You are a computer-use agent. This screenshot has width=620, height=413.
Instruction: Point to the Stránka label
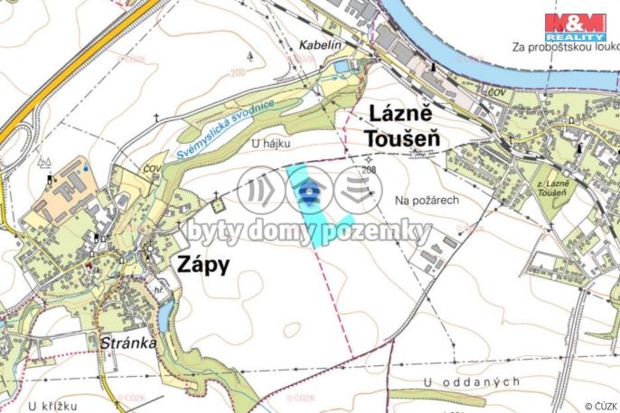click(123, 343)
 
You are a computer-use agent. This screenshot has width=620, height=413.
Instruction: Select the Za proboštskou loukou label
click(565, 46)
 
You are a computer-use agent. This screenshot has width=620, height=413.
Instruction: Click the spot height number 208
click(368, 170)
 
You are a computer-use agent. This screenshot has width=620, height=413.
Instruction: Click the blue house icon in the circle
click(310, 191)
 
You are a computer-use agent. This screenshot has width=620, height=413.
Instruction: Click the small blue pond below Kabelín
click(341, 66)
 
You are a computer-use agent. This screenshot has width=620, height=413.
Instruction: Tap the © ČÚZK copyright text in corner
click(600, 406)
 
